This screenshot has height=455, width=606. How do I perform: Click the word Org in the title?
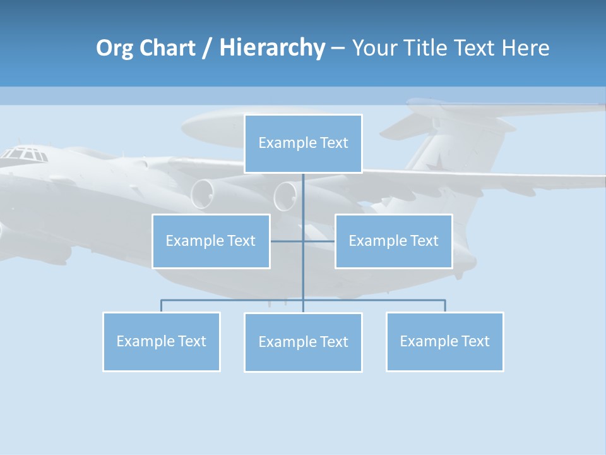114,48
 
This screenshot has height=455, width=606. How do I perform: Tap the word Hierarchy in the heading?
272,48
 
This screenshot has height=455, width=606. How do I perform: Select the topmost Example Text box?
303,143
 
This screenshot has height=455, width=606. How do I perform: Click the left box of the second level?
211,241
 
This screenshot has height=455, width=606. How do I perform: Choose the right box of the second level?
393,241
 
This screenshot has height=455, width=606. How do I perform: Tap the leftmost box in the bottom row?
161,341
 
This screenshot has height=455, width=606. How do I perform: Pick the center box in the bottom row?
303,342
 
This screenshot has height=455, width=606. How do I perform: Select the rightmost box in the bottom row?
444,341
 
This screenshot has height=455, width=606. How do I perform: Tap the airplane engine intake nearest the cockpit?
203,193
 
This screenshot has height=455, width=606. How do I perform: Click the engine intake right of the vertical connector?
285,196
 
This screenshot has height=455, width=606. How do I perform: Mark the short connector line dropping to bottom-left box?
161,306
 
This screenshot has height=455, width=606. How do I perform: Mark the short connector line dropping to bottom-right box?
445,306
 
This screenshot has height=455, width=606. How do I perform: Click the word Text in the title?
475,48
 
